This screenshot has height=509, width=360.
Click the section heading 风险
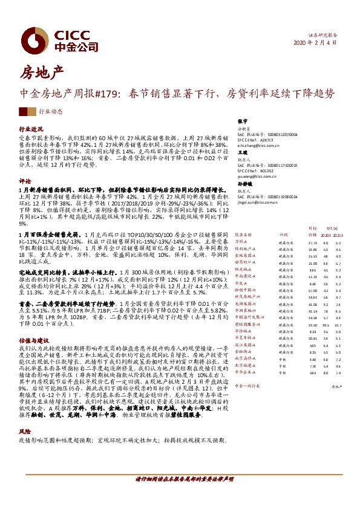25,415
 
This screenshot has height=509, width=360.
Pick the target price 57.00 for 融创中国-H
313,290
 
